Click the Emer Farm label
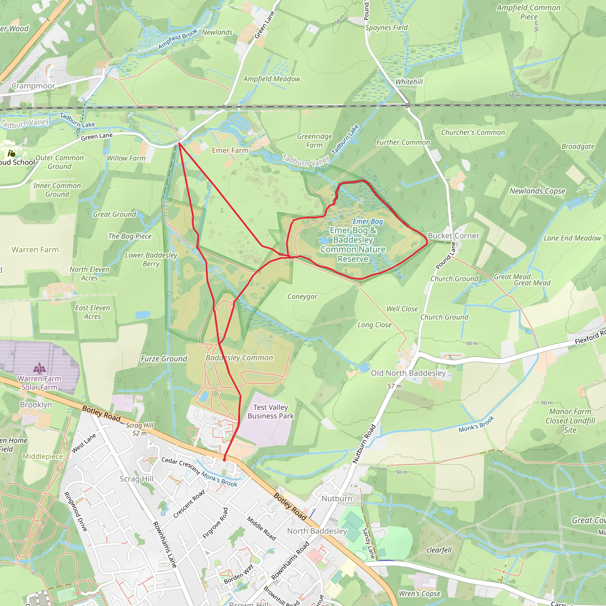[x=230, y=151]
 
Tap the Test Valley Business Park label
[x=270, y=412]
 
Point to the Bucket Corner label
[x=453, y=236]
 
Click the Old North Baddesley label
[x=408, y=373]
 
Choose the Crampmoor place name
[x=33, y=86]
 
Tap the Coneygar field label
[x=302, y=296]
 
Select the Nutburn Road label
[x=364, y=444]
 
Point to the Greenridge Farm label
[x=314, y=141]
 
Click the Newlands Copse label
[x=537, y=191]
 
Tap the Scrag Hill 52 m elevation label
[x=140, y=429]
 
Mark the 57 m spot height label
[x=394, y=386]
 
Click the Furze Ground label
[x=164, y=359]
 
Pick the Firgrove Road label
[x=215, y=523]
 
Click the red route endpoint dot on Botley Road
[x=224, y=460]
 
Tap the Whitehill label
[x=409, y=82]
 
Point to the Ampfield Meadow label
[x=272, y=79]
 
